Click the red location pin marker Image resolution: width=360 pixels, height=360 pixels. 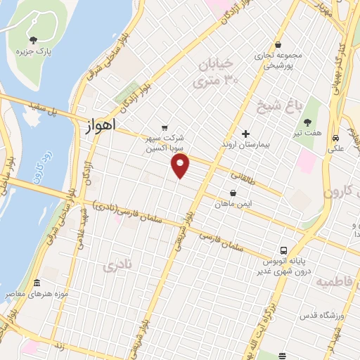(181, 166)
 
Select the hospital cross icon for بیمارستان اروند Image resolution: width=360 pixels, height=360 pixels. (245, 134)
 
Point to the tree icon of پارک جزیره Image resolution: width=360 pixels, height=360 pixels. (33, 39)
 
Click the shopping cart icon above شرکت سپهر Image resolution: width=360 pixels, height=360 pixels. (165, 127)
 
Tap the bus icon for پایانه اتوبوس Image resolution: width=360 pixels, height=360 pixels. (283, 250)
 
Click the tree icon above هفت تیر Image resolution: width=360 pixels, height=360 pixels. (307, 122)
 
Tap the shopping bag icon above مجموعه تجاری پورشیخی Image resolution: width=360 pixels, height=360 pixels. (278, 44)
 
